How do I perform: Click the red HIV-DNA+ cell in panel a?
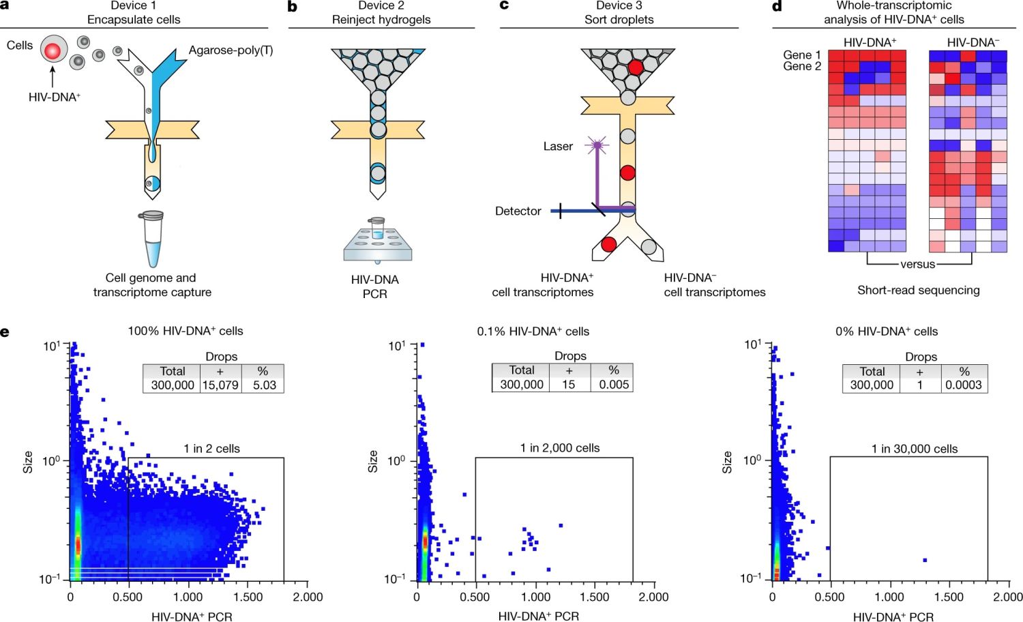(53, 50)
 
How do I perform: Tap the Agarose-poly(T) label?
(231, 50)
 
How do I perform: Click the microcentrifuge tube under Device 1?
(153, 238)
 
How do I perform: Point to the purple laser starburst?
(597, 145)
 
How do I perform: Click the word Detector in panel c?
(518, 211)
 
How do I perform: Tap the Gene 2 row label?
(801, 66)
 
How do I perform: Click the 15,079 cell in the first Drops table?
(220, 385)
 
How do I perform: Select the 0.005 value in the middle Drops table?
(614, 385)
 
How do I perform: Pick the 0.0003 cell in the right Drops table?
(963, 385)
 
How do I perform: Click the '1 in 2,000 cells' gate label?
(560, 448)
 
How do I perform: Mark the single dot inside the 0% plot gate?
(925, 560)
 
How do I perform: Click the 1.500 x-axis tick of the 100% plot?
(248, 597)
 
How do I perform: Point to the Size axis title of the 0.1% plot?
(372, 462)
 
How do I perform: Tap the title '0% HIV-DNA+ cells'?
(886, 331)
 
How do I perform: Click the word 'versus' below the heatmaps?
(917, 265)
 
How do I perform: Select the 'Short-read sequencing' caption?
(918, 290)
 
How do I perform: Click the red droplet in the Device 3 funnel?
(635, 67)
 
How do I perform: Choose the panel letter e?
(5, 332)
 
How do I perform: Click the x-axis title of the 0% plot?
(893, 617)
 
